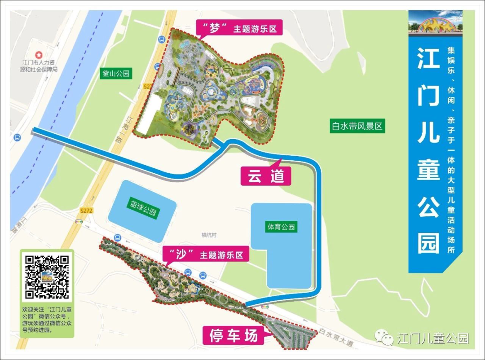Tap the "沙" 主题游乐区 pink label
206,255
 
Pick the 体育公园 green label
281,227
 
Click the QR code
47,277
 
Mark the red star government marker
39,54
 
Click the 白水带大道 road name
336,337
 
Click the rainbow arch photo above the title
435,23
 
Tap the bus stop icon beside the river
17,137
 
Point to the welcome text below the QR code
46,319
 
